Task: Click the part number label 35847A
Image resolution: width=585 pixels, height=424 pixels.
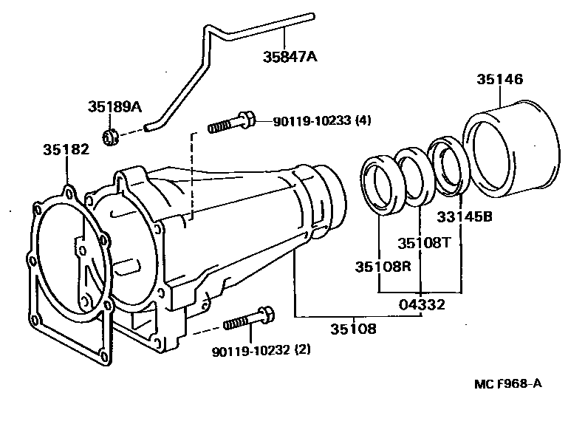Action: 290,56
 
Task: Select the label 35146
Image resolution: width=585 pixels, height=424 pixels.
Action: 499,81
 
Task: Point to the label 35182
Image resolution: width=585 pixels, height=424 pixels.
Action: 66,150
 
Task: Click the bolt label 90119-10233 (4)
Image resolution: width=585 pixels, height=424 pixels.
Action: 322,122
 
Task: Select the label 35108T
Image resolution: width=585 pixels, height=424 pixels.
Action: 420,242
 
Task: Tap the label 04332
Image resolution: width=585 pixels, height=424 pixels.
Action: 421,304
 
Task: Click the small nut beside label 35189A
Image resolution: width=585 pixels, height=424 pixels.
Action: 109,136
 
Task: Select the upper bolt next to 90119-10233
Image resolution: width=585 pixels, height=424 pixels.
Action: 232,122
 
